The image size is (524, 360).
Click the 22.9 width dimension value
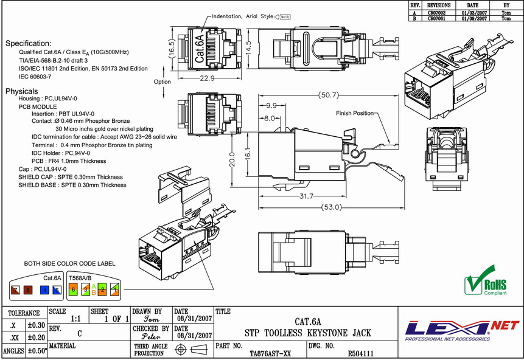(x=210, y=79)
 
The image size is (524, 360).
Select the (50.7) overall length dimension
(x=329, y=95)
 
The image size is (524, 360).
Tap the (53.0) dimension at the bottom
(x=331, y=207)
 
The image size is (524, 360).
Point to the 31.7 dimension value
(x=306, y=196)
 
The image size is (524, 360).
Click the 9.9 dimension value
(x=271, y=105)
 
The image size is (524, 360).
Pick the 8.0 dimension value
(x=269, y=117)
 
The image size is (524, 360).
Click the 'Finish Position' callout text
(x=355, y=113)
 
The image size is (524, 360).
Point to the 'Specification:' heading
(x=29, y=44)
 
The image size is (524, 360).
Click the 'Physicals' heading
(x=22, y=91)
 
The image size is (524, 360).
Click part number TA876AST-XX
(x=270, y=353)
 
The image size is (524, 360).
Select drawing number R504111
(x=360, y=353)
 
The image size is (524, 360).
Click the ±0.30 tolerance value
(x=37, y=325)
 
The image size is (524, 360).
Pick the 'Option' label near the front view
(x=162, y=81)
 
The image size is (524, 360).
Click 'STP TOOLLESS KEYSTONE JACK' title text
(x=307, y=333)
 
